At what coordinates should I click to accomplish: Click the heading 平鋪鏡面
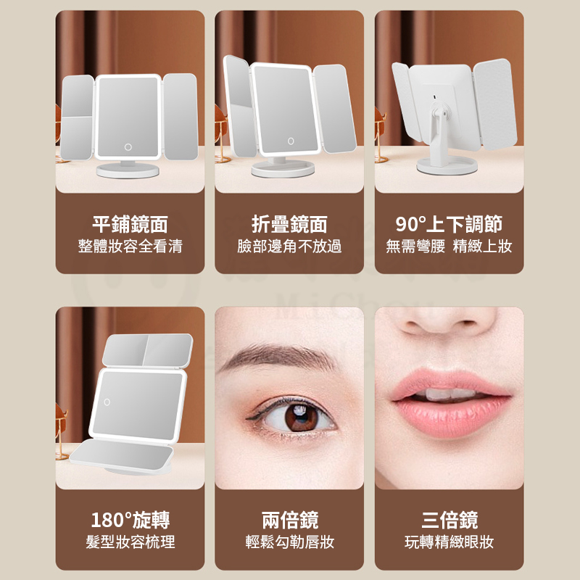[x=130, y=224]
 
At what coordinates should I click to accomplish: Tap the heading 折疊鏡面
[x=289, y=224]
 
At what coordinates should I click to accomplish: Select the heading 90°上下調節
[x=449, y=224]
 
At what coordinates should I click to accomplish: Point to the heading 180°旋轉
[x=130, y=520]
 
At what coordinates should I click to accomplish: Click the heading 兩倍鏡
[x=289, y=520]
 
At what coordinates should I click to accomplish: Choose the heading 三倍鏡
[x=449, y=520]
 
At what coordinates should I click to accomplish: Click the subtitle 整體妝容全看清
[x=130, y=246]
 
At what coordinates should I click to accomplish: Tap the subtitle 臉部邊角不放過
[x=289, y=246]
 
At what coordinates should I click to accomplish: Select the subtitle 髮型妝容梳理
[x=130, y=542]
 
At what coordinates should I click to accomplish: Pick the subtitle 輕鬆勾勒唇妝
[x=289, y=542]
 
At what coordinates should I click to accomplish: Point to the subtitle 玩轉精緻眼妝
[x=449, y=542]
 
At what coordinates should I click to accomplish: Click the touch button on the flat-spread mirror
[x=128, y=147]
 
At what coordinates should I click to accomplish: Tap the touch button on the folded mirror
[x=291, y=141]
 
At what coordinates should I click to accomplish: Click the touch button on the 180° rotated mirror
[x=107, y=402]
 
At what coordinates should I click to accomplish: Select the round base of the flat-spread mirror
[x=128, y=170]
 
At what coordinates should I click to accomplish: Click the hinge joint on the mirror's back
[x=441, y=110]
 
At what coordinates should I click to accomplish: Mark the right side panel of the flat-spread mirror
[x=180, y=117]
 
